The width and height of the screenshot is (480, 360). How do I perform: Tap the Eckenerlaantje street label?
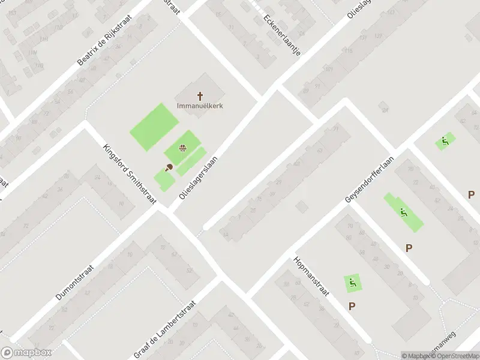point(281,34)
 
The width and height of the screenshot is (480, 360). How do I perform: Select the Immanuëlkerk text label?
point(200,106)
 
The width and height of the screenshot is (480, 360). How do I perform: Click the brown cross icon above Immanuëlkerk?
point(200,95)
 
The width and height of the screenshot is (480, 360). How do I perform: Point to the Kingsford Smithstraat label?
point(130,175)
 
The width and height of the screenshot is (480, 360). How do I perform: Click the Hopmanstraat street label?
point(313,277)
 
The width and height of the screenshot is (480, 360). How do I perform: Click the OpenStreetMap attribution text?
point(457,356)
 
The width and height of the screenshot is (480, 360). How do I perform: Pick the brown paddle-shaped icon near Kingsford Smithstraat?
point(169,167)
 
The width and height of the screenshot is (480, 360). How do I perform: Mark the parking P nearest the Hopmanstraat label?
point(352,306)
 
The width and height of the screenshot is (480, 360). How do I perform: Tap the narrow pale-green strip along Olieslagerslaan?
point(190,161)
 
